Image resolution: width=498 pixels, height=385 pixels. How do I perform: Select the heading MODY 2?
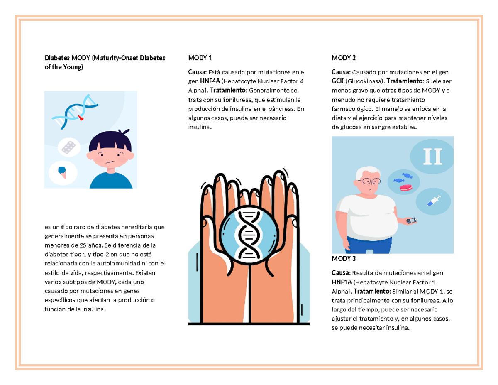[344, 57]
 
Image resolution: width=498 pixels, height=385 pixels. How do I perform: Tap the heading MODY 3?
[344, 258]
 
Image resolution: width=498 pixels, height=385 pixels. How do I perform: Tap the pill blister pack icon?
[68, 147]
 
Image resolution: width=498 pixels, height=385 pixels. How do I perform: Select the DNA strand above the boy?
[75, 110]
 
